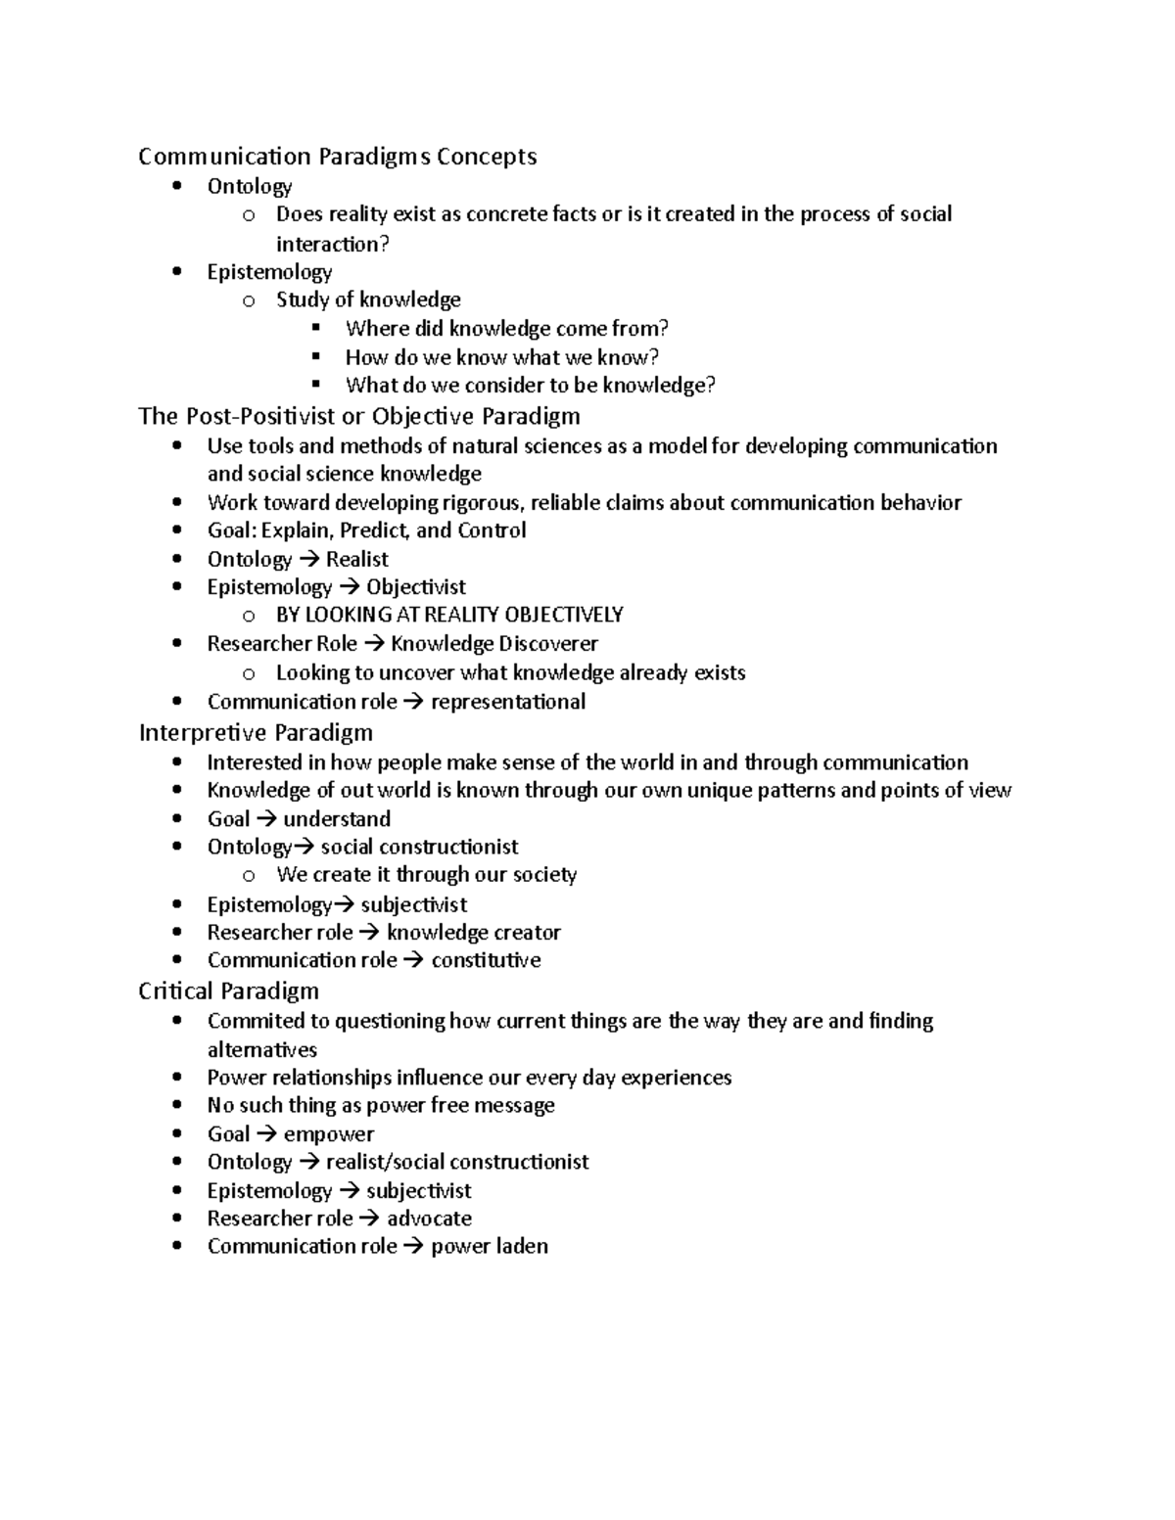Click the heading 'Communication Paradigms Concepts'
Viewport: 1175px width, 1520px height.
(x=337, y=157)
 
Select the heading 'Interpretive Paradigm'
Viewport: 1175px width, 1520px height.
(x=256, y=733)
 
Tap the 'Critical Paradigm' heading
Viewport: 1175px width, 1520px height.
(x=228, y=991)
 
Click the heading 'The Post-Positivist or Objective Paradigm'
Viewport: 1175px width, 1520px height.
(x=359, y=416)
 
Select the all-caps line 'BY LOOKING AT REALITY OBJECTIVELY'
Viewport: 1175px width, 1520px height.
(x=449, y=615)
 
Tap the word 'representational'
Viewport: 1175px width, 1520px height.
(x=508, y=702)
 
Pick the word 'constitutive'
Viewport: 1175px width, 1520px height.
(x=486, y=960)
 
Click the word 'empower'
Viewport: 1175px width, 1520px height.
(x=328, y=1134)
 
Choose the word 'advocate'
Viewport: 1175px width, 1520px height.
(x=429, y=1219)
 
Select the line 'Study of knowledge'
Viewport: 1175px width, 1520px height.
(x=368, y=299)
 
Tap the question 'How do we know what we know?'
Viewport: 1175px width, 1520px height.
(x=501, y=357)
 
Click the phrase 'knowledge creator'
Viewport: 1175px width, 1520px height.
(x=474, y=933)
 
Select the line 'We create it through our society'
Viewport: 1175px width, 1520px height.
(x=426, y=875)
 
